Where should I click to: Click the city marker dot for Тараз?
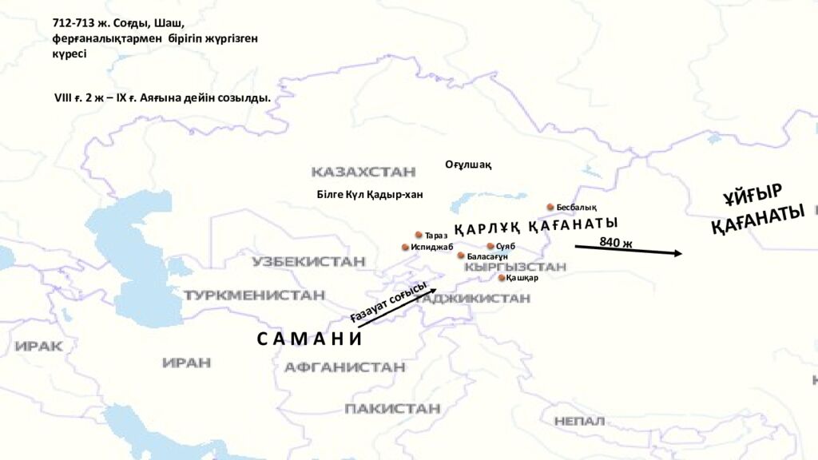(419, 235)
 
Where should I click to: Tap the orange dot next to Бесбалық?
(550, 207)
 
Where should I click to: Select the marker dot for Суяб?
(490, 246)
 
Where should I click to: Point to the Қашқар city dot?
(502, 278)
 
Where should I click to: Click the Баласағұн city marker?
(461, 256)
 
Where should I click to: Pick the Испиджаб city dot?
(405, 247)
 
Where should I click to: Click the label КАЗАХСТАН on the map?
(363, 172)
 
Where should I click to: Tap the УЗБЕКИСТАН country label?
(308, 261)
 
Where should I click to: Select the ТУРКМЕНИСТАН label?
(254, 295)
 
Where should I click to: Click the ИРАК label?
(38, 346)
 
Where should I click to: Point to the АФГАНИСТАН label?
(344, 367)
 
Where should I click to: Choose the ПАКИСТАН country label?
(392, 408)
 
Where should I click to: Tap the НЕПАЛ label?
(579, 420)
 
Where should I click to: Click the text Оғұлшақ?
(468, 165)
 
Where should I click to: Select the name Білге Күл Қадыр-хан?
(370, 194)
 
